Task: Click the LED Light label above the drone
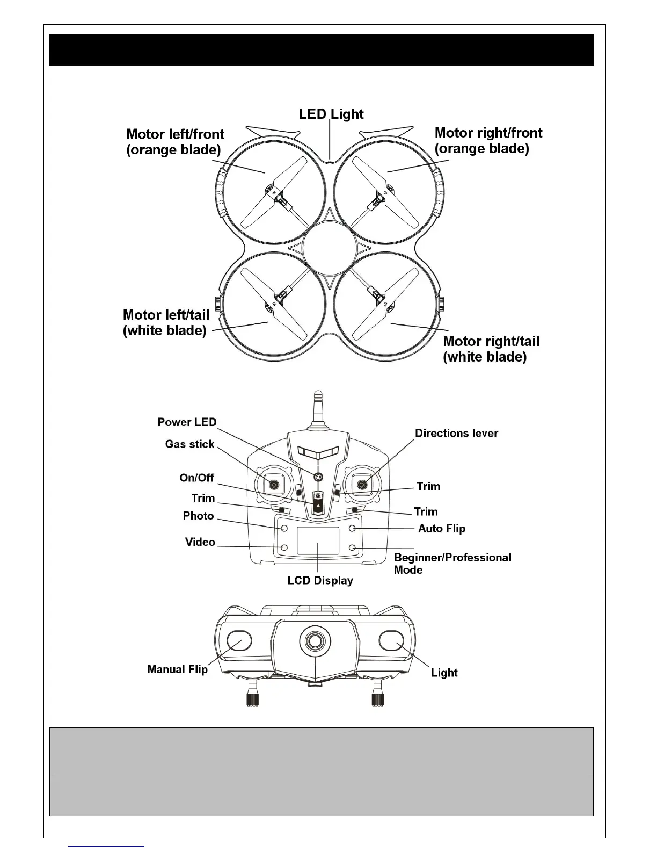click(x=331, y=114)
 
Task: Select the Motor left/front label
click(x=175, y=141)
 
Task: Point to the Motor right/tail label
click(x=491, y=349)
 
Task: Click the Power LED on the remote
click(x=318, y=477)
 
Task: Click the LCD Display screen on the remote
click(x=318, y=541)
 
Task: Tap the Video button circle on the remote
click(x=284, y=547)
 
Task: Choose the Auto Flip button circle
click(x=353, y=529)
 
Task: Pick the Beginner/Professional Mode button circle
click(x=353, y=547)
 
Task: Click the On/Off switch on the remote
click(x=318, y=502)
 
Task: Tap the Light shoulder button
click(x=390, y=640)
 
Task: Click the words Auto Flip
click(x=442, y=529)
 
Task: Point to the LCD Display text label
click(x=320, y=580)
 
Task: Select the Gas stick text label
click(x=189, y=444)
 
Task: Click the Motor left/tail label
click(x=166, y=322)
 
